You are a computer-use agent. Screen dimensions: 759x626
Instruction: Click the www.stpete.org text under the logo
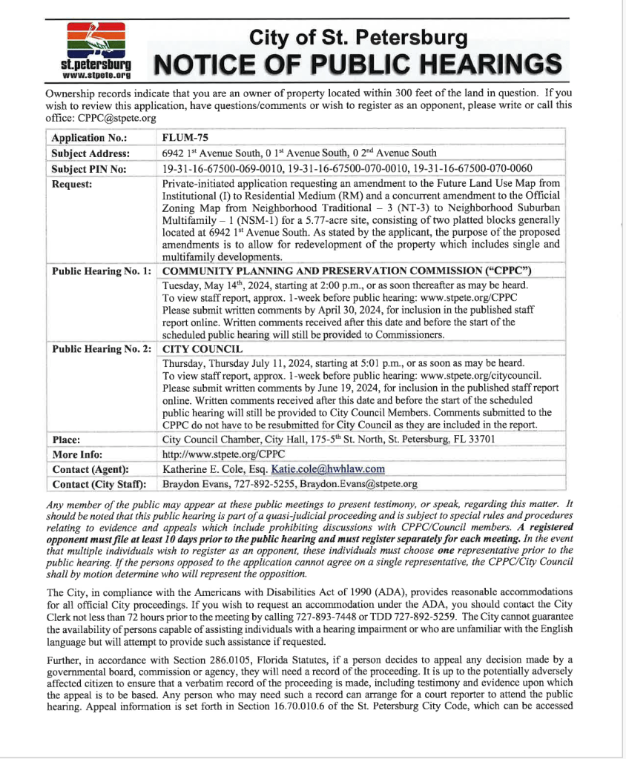tap(96, 76)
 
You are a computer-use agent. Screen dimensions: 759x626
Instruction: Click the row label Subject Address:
tap(90, 153)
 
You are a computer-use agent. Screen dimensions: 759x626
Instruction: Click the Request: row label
tap(72, 183)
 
